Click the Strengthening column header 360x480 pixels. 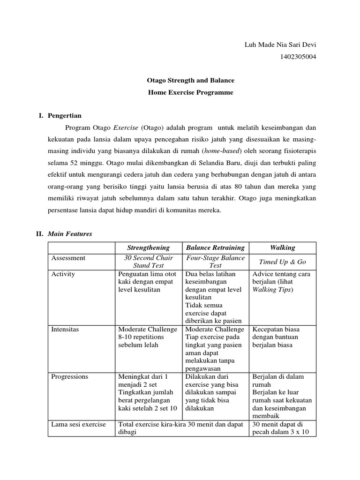[x=149, y=247]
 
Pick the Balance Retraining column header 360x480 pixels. [x=215, y=247]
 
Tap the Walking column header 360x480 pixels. [x=283, y=247]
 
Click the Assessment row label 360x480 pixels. [x=68, y=258]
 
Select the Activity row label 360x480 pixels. [x=63, y=274]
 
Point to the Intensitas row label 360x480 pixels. [x=65, y=330]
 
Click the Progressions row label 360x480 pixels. [x=69, y=376]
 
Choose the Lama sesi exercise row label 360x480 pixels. [x=78, y=425]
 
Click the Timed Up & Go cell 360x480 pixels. [x=283, y=262]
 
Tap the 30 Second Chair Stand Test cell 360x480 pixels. [x=149, y=262]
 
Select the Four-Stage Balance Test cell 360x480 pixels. [x=215, y=262]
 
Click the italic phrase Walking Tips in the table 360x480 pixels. [x=271, y=290]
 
